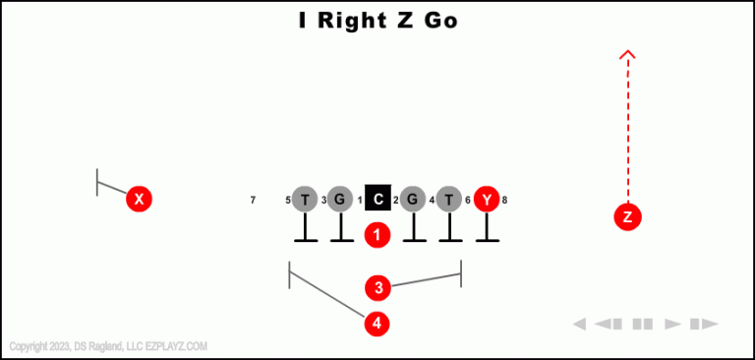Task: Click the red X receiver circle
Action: tap(140, 200)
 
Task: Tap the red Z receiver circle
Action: tap(627, 217)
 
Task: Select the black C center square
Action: tap(378, 200)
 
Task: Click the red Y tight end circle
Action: tap(487, 200)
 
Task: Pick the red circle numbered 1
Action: tap(377, 235)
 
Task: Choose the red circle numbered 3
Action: tap(377, 287)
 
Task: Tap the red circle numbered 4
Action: tap(377, 323)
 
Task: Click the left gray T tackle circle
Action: tap(305, 200)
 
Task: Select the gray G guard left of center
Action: tap(340, 200)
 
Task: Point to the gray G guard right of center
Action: tap(414, 200)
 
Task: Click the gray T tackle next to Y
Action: tap(449, 200)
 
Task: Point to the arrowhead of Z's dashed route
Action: tap(628, 55)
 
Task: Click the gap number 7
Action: tap(253, 201)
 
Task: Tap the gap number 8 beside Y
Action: tap(504, 201)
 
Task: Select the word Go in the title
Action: tap(441, 21)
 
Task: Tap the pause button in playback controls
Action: tap(643, 324)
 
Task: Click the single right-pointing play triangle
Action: tap(672, 324)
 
